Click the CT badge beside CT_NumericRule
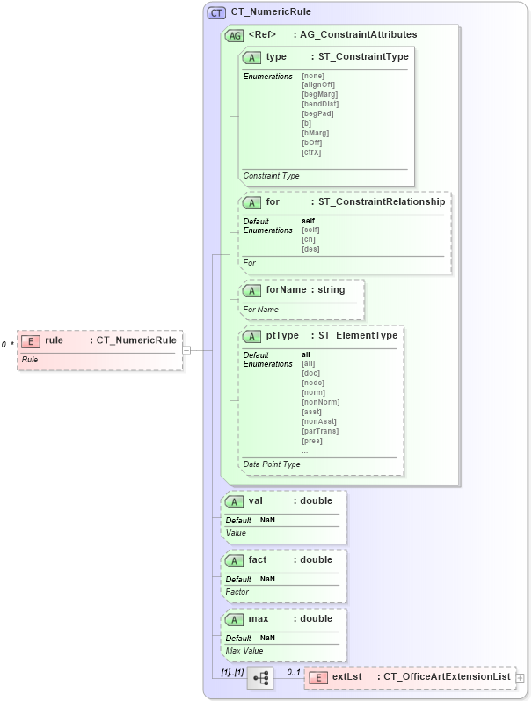pos(216,13)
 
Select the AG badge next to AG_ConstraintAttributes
pos(235,36)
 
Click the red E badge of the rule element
pos(31,340)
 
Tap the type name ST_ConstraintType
pos(363,57)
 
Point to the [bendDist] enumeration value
pos(319,104)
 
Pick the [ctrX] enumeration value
pos(311,152)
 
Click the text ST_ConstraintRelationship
pos(381,202)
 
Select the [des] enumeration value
pos(310,249)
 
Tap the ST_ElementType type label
pos(357,336)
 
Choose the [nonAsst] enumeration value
pos(317,421)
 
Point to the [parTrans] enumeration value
pos(318,431)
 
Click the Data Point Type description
pos(272,464)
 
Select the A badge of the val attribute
pos(235,501)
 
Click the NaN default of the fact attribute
pos(267,579)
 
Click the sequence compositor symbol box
pos(260,677)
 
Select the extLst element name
pos(347,677)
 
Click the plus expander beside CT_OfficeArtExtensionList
pos(520,678)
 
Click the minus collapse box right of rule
pos(186,350)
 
